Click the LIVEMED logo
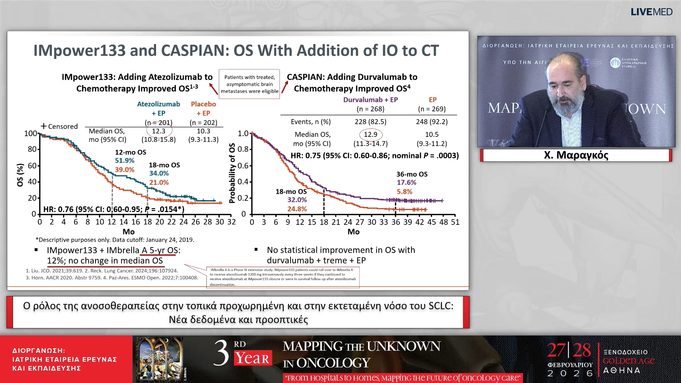pos(651,12)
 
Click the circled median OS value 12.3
pos(159,131)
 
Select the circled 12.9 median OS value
pos(371,134)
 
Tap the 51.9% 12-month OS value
pos(124,161)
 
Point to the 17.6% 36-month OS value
pos(406,183)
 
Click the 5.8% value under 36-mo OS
pos(404,192)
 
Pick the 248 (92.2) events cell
pos(432,122)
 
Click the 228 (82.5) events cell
pos(370,122)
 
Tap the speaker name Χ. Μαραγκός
pos(576,155)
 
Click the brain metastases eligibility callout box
pos(249,84)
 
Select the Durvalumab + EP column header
pos(370,100)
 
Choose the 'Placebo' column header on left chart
pos(203,104)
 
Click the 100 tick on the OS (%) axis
pos(31,134)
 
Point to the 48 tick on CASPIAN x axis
pos(443,222)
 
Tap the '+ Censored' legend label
pos(59,126)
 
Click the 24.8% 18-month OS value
pos(297,209)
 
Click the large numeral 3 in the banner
pos(221,353)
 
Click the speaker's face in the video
pos(564,82)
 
